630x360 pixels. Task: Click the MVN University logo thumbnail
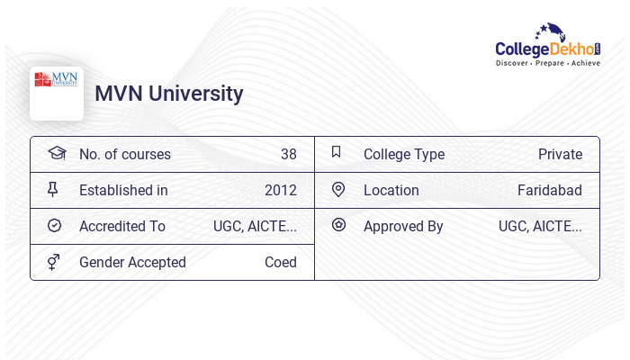56,93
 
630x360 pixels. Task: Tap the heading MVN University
169,94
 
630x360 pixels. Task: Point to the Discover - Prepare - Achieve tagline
548,64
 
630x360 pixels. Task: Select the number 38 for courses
288,155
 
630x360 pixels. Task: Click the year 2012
280,191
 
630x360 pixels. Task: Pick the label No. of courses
124,155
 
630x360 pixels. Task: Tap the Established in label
123,191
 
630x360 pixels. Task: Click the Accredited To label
121,227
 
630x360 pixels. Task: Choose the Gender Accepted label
132,263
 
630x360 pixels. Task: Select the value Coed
280,263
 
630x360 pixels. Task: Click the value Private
560,155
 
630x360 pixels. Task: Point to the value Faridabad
549,191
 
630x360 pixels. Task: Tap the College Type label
403,155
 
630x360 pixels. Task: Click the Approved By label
403,227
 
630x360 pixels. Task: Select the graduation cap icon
57,153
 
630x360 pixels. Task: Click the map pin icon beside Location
338,189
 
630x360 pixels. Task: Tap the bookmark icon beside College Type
336,152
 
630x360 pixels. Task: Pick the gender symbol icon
54,262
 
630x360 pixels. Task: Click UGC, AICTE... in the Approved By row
540,227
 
